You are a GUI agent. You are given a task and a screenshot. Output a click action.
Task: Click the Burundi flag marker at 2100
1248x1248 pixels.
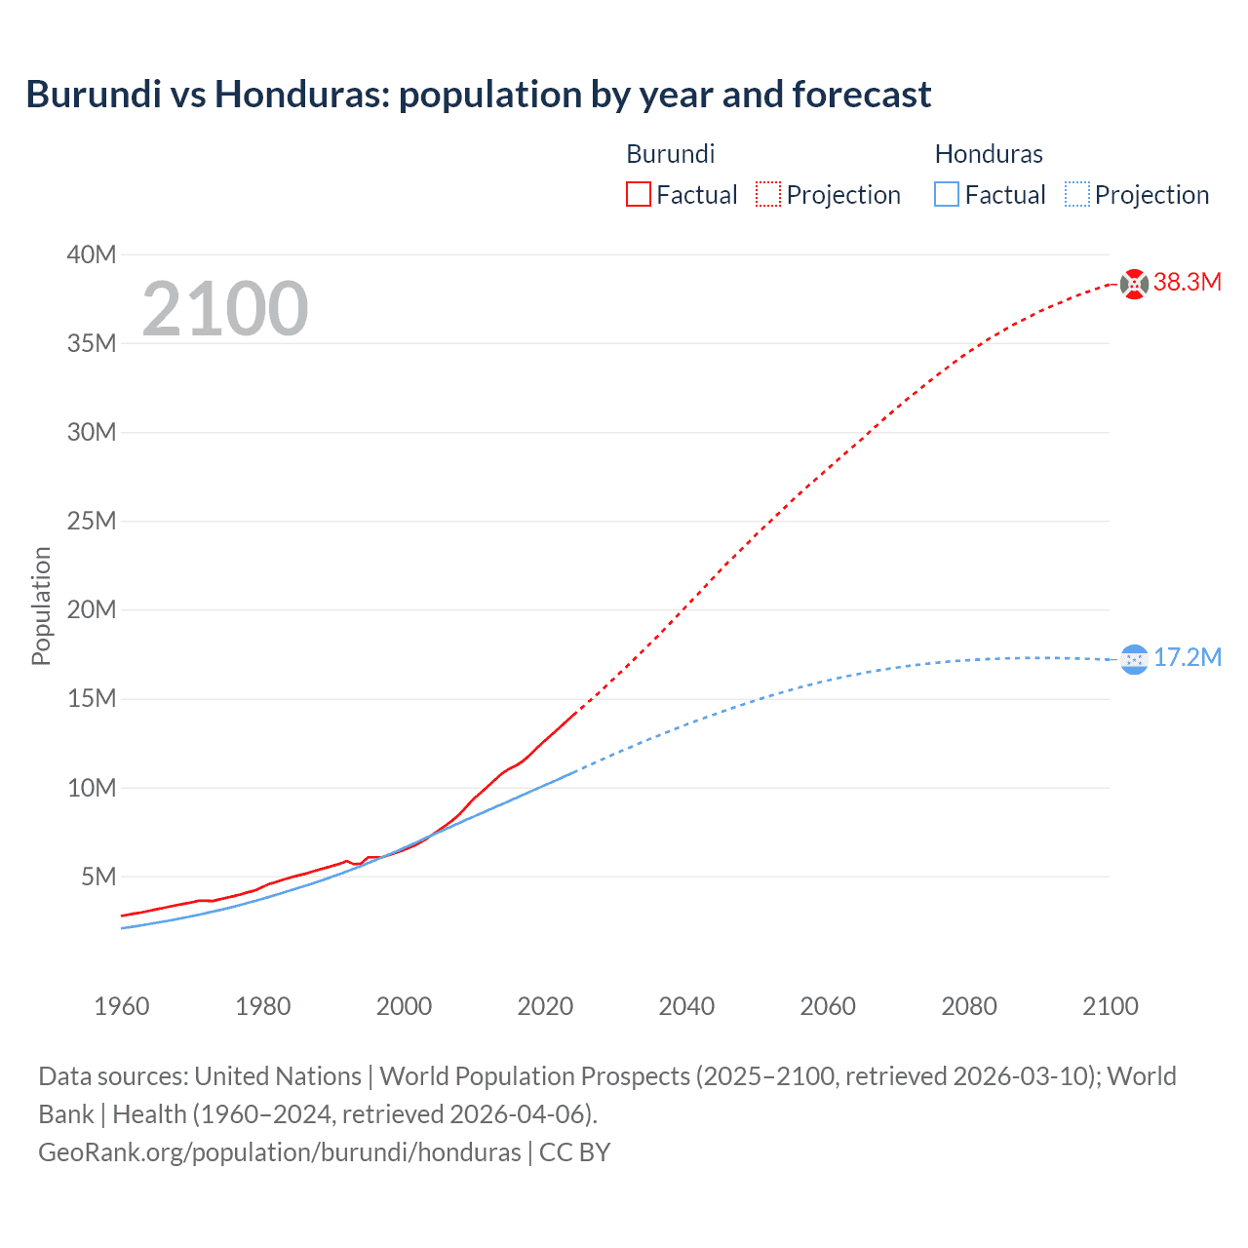coord(1134,284)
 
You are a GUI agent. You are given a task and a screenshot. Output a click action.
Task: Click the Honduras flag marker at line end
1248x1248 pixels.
coord(1134,660)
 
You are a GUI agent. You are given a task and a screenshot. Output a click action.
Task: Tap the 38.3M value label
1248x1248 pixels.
coord(1188,283)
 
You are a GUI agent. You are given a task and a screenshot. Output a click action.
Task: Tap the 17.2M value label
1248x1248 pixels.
coord(1188,658)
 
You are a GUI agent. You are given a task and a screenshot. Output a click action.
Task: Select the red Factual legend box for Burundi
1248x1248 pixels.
coord(639,194)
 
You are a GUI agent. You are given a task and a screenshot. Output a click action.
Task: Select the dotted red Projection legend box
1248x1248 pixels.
coord(768,194)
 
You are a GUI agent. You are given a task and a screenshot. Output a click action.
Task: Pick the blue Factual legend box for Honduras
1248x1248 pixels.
coord(947,194)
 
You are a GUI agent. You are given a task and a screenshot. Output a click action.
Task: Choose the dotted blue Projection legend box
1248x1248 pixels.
coord(1076,194)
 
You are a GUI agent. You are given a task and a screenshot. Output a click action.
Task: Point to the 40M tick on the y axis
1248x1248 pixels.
coord(92,255)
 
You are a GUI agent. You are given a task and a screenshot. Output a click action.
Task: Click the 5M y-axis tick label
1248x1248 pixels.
coord(98,877)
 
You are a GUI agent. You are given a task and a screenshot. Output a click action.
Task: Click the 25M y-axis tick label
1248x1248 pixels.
coord(92,522)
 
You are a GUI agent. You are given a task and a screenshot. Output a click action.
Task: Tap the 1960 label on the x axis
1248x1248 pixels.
coord(122,1007)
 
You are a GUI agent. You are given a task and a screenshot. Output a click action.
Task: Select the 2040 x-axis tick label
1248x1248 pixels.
coord(686,1007)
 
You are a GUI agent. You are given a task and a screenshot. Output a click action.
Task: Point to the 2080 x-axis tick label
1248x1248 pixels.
coord(969,1007)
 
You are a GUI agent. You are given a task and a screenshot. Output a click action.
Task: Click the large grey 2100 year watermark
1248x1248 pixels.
coord(225,309)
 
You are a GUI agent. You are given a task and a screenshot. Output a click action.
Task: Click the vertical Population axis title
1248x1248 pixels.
coord(41,606)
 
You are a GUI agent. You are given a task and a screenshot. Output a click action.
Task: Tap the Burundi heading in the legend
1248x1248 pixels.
coord(671,154)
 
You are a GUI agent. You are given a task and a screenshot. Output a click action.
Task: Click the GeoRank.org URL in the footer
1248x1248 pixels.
coord(280,1152)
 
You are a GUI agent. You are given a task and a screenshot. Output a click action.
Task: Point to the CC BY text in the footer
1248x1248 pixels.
coord(575,1152)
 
